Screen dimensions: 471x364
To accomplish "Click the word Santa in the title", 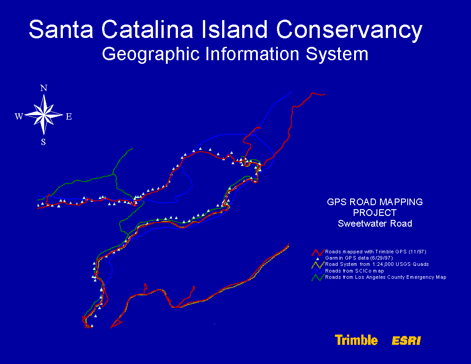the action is [61, 29].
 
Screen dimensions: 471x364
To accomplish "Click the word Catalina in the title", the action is [147, 29].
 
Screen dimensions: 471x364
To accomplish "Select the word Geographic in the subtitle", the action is [151, 54].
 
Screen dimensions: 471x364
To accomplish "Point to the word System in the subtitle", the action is [337, 54].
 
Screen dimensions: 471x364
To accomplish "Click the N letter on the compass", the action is [44, 88].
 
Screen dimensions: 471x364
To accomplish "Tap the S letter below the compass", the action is [44, 142].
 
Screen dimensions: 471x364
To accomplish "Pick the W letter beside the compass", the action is [19, 116].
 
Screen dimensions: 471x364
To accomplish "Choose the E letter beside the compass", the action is [69, 116].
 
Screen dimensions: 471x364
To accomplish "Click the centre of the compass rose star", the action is [44, 115].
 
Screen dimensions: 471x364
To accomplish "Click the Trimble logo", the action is [356, 340].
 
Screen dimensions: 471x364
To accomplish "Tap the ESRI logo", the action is [406, 341].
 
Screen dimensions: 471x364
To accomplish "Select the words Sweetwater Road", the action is [375, 223].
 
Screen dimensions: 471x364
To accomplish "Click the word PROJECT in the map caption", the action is [375, 213].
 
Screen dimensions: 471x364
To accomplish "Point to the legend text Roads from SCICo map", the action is [355, 271].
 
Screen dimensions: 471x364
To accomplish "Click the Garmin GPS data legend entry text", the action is [359, 258].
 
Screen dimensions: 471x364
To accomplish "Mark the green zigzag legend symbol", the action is [318, 277].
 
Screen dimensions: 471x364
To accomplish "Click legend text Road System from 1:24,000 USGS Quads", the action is [377, 264].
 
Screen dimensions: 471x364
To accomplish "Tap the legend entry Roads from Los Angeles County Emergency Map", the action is [386, 277].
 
